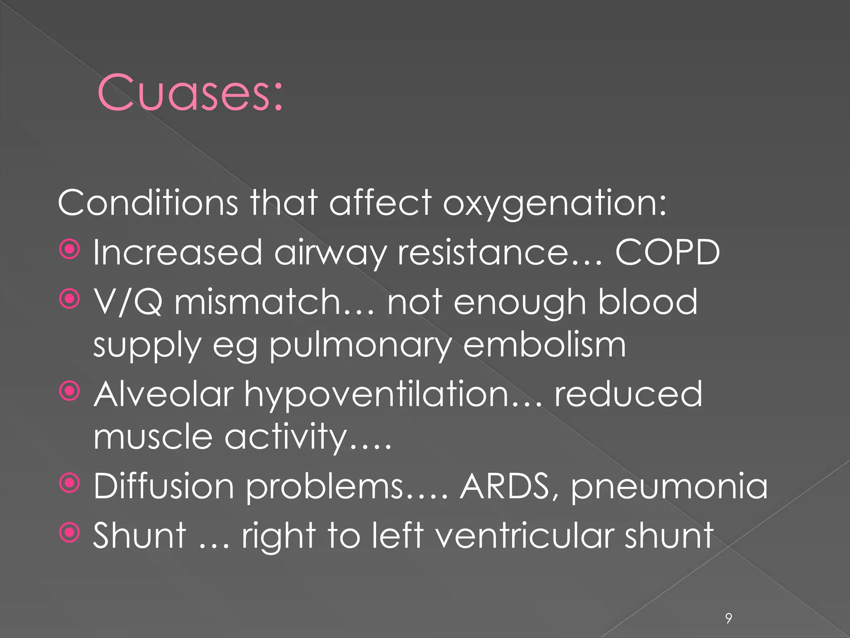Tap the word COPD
click(x=667, y=252)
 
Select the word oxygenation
click(x=554, y=203)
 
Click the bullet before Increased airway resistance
click(x=69, y=250)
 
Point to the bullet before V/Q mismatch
click(x=69, y=299)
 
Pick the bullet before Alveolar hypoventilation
click(x=69, y=391)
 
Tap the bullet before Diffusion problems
click(x=69, y=483)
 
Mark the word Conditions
click(x=148, y=203)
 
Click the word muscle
click(x=153, y=437)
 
